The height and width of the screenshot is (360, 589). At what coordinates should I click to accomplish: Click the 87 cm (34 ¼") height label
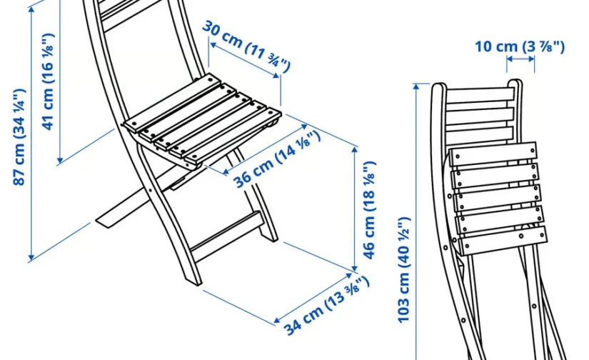(19, 137)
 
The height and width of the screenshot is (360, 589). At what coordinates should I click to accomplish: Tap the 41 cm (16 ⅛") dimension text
(49, 82)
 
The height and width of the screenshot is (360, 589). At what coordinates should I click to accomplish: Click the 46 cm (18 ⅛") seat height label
(369, 210)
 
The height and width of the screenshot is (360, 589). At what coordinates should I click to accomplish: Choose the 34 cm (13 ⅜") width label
(326, 305)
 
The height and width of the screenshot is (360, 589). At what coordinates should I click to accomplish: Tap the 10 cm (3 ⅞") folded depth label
(520, 46)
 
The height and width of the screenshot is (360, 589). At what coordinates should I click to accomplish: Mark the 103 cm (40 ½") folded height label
(404, 269)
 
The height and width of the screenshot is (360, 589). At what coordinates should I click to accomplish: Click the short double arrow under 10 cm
(520, 59)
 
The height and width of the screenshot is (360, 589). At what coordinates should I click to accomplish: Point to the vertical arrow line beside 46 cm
(355, 209)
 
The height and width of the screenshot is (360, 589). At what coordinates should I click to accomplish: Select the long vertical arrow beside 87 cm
(31, 133)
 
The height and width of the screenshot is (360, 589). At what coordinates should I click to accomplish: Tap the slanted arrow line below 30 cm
(245, 60)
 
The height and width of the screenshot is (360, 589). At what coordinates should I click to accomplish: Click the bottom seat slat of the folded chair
(502, 241)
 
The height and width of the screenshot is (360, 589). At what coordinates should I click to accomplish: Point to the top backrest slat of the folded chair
(480, 95)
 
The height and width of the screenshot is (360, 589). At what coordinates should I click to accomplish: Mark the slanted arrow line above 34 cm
(313, 298)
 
